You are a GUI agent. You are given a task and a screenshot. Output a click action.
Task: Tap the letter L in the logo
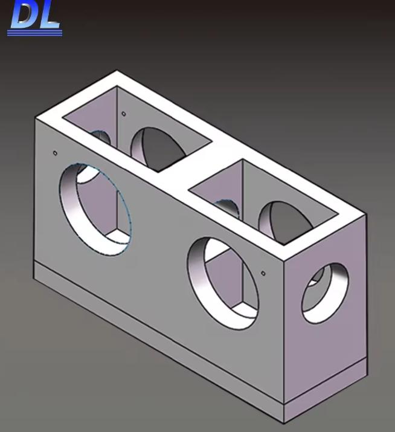[x=50, y=15]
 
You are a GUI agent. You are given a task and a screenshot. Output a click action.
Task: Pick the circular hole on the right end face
[x=325, y=292]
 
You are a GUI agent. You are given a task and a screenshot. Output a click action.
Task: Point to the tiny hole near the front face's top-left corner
[x=55, y=153]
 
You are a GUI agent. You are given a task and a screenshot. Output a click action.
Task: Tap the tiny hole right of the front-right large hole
[x=263, y=273]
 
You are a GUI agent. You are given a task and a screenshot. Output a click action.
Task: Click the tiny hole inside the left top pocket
[x=124, y=113]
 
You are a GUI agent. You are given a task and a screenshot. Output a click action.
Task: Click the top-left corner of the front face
[x=36, y=117]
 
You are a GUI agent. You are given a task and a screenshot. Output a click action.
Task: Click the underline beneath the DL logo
[x=34, y=33]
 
